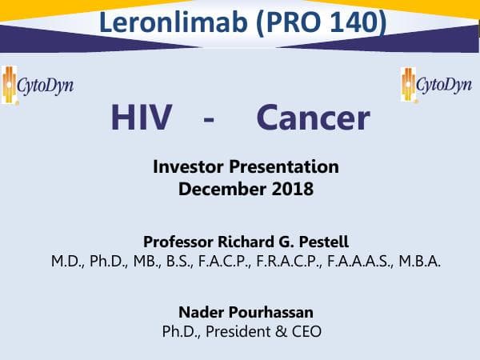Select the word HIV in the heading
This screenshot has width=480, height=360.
pos(142,118)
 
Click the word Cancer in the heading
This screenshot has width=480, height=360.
pos(313,118)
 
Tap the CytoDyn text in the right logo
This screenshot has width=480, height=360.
pos(446,86)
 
